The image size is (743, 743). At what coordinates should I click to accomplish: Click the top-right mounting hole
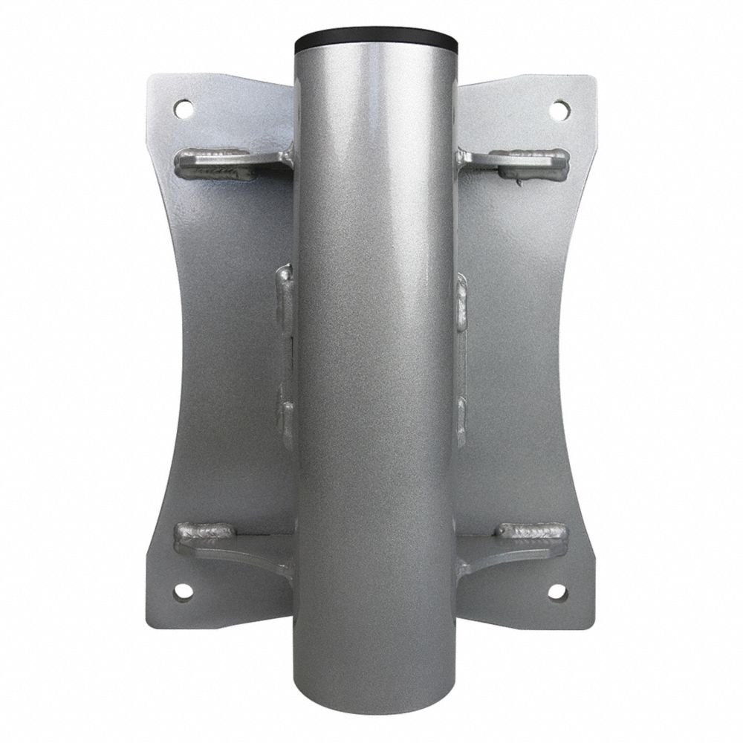[x=559, y=109]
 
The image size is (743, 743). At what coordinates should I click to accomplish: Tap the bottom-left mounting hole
[x=182, y=592]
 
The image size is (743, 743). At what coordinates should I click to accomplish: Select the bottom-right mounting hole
[x=559, y=592]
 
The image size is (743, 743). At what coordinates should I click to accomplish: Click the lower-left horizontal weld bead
[x=204, y=532]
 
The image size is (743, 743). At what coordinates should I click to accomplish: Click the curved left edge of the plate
[x=177, y=357]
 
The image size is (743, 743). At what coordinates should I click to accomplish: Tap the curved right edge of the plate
[x=568, y=357]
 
